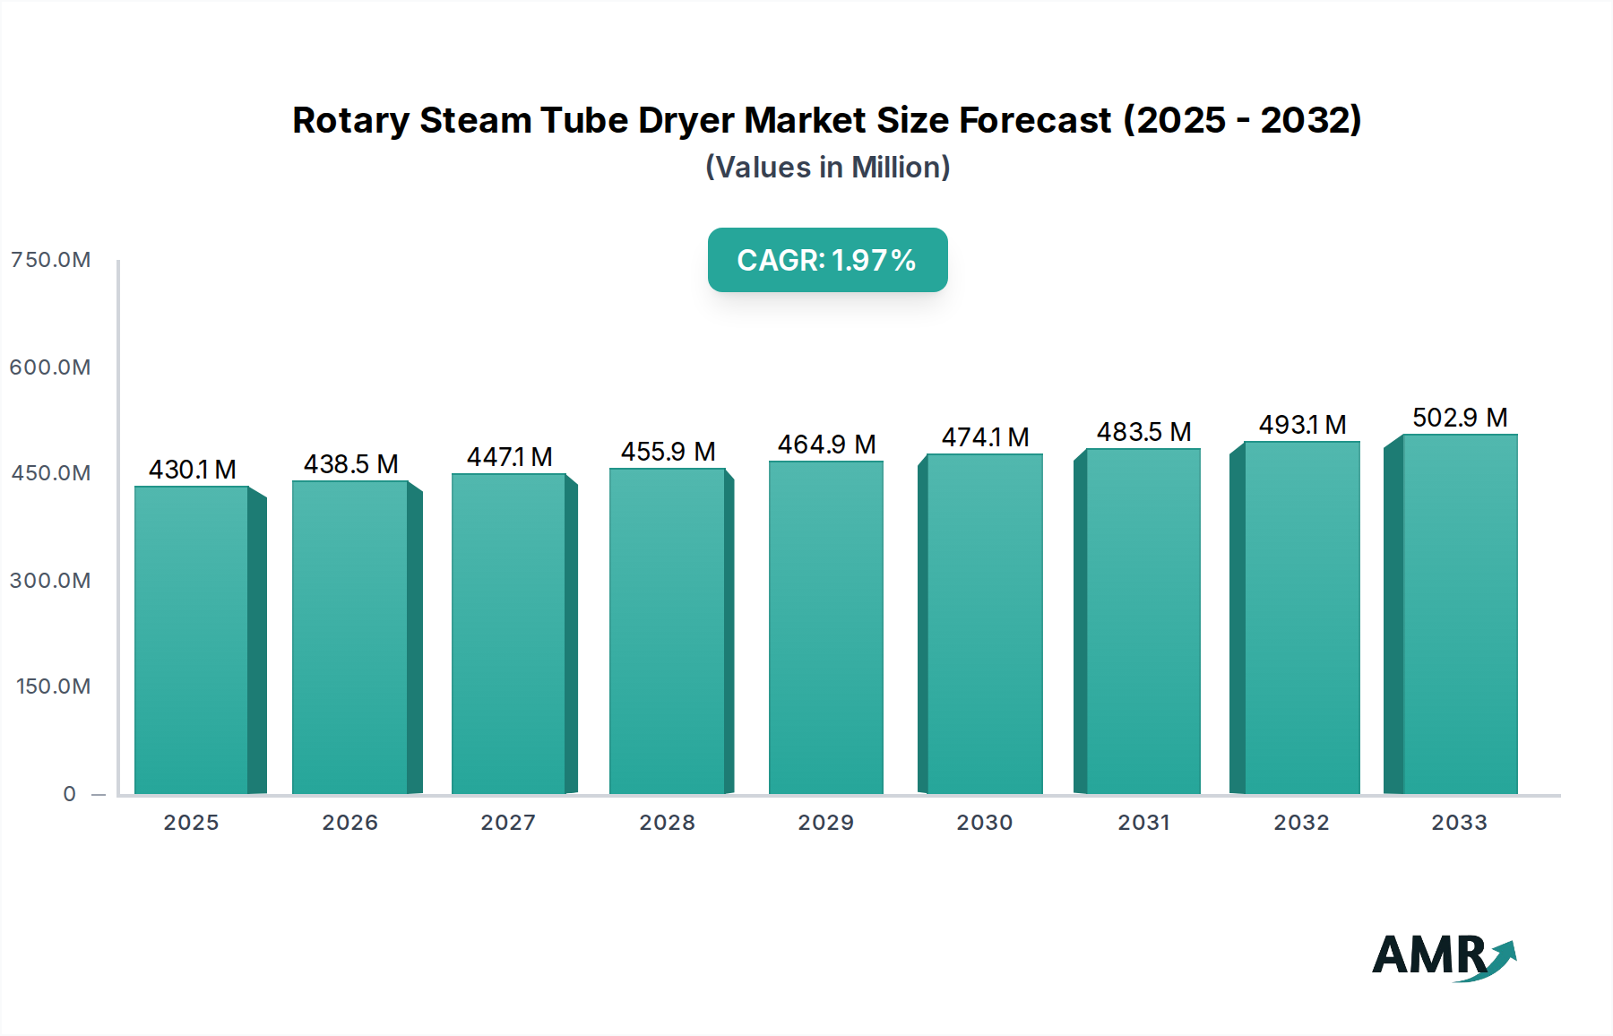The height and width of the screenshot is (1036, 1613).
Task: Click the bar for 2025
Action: [x=192, y=640]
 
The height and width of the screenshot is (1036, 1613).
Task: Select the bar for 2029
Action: [x=825, y=627]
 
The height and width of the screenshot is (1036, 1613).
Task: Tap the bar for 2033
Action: [x=1460, y=615]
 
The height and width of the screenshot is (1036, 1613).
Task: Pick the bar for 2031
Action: [x=1143, y=621]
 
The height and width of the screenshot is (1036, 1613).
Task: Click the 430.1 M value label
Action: [x=193, y=470]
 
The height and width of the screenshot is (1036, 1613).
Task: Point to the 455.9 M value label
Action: [x=668, y=452]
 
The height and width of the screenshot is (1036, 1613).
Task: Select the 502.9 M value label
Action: [x=1460, y=418]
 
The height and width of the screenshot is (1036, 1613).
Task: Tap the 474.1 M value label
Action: [x=985, y=437]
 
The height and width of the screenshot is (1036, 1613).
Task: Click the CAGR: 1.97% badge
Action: [x=827, y=260]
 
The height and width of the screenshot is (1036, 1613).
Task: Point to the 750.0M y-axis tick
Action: [x=51, y=260]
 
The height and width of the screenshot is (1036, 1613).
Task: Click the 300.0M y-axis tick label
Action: [x=51, y=581]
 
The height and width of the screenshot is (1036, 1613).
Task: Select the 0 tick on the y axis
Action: [x=70, y=794]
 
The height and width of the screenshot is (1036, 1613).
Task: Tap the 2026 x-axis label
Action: [x=350, y=823]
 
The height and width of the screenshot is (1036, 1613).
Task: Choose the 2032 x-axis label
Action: [x=1301, y=823]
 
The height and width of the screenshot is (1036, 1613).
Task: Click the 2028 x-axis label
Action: [x=667, y=823]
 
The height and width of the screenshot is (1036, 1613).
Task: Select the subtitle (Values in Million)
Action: [x=827, y=168]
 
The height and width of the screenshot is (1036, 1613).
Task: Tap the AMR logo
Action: [x=1443, y=956]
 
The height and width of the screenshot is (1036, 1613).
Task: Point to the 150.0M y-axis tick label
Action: [x=54, y=686]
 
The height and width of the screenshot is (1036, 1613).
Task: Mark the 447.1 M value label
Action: [x=509, y=457]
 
